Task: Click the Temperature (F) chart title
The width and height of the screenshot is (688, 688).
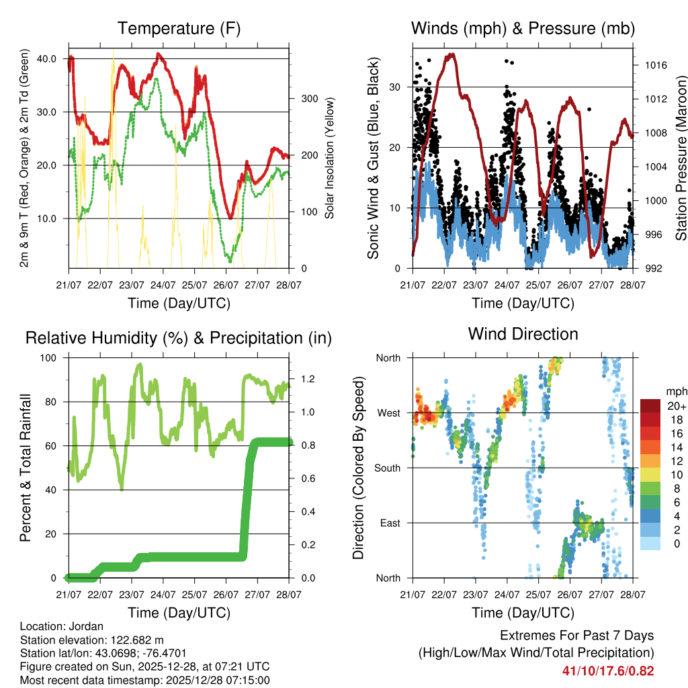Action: (179, 29)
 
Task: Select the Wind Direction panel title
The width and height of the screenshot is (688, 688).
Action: (523, 334)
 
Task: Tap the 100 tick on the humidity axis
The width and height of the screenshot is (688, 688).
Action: (50, 358)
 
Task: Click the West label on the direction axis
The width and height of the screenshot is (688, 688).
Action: (388, 413)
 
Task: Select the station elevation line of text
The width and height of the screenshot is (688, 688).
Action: (92, 640)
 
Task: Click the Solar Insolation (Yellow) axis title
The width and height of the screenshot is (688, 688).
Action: (330, 159)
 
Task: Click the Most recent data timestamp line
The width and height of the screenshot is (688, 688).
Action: (144, 680)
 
